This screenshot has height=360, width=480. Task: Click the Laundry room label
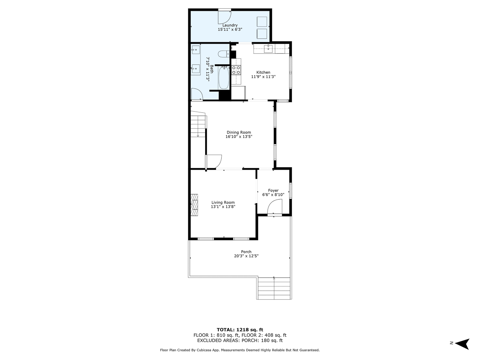coord(230,25)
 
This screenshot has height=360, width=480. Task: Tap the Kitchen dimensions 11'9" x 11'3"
coord(263,77)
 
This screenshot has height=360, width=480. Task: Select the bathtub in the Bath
coord(224,78)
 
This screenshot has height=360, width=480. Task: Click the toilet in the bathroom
coord(222,54)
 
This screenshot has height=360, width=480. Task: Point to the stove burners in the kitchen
coord(236,70)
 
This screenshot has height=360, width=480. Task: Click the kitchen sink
coord(269,49)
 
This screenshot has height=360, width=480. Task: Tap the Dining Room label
coord(239,132)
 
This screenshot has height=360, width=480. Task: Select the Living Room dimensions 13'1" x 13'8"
coord(223,207)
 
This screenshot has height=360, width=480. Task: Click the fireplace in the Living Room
coord(194,205)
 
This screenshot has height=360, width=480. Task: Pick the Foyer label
coord(273,190)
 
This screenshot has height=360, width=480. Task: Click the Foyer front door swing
coord(275,208)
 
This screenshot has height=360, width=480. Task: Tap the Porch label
coord(246,252)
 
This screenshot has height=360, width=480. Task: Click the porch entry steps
coord(274,288)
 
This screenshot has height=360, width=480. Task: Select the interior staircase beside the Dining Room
coord(198,125)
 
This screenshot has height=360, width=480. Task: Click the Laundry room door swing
coord(224,16)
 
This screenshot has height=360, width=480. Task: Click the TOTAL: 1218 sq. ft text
coord(240,329)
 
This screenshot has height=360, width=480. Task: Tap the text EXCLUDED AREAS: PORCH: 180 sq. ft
coord(240,341)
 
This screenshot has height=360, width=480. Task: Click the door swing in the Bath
coord(197,94)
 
